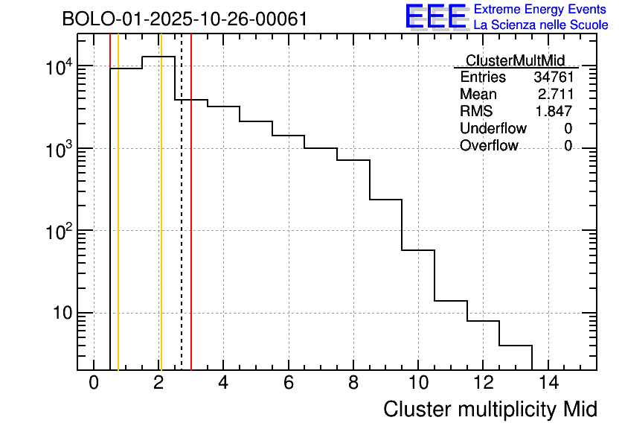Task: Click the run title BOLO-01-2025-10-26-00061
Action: coord(185,19)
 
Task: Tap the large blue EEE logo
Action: coord(435,16)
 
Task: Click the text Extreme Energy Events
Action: coord(539,10)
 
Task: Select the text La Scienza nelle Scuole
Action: coord(541,25)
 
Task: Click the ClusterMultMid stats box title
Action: coord(515,60)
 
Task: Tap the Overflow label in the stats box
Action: coord(489,146)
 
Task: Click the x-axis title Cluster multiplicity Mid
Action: coord(490,409)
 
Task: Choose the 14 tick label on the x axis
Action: coord(548,384)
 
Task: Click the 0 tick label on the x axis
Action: coord(94,384)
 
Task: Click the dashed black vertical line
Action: coord(182,223)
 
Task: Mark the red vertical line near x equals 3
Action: coord(191,223)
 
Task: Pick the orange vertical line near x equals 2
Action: coord(161,223)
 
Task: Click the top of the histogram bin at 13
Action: coord(516,346)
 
